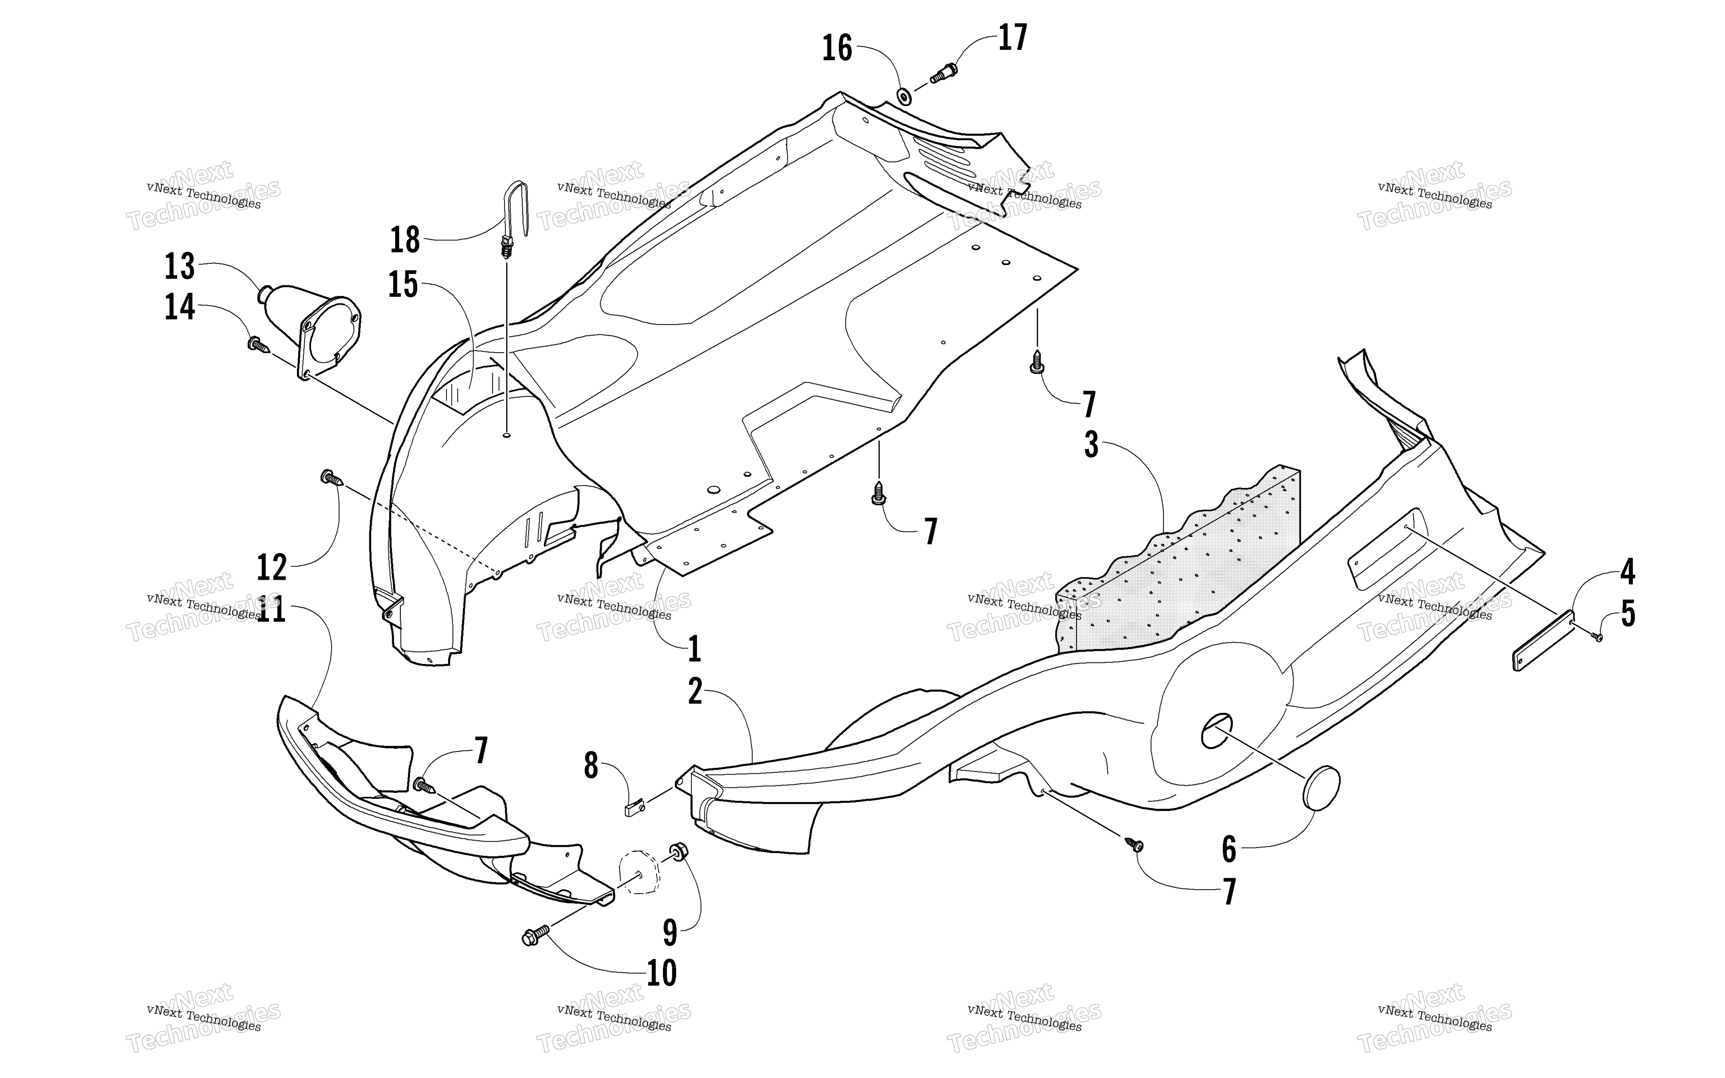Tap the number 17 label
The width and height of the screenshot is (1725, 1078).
1012,38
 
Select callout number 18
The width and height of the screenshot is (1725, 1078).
405,240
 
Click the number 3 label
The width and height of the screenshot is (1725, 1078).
1091,444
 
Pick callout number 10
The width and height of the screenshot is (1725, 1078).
662,973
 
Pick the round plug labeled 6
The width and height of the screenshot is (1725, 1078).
1322,788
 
